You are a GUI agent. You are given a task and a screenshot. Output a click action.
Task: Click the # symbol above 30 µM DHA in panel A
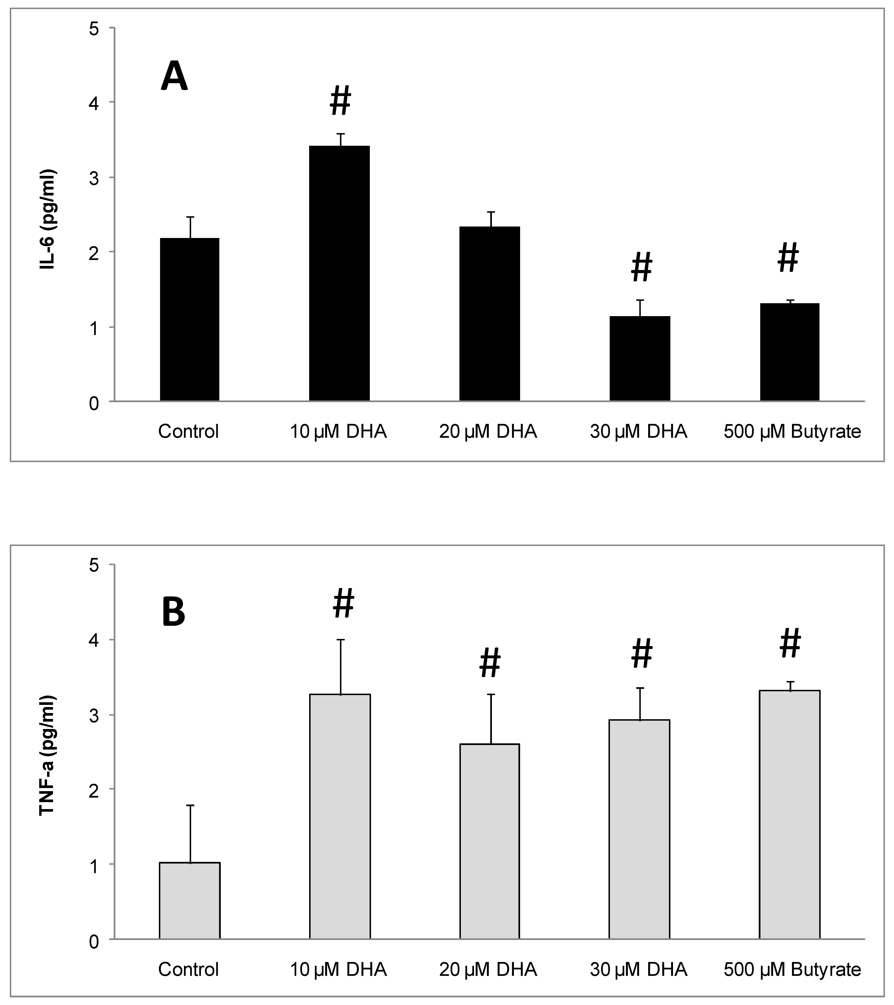pyautogui.click(x=641, y=267)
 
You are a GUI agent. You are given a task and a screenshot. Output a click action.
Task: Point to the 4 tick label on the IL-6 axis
pyautogui.click(x=94, y=103)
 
